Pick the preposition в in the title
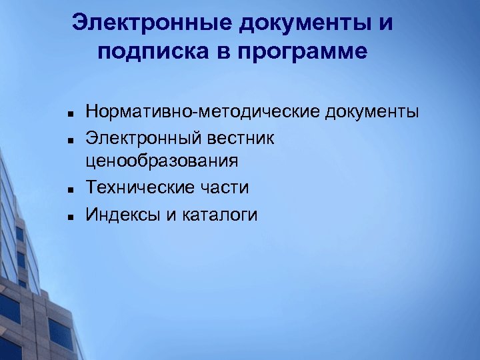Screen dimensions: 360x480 [223, 52]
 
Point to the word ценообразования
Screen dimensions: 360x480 [162, 161]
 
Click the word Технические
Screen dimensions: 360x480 [138, 189]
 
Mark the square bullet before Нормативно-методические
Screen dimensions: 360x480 [69, 111]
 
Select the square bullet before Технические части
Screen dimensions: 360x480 [69, 189]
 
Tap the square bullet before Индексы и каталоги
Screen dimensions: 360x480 [69, 215]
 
